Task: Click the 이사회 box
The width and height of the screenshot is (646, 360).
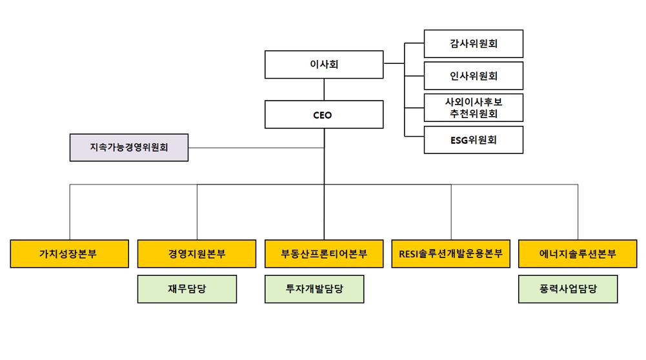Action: point(324,65)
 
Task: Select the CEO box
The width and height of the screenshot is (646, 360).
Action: point(324,115)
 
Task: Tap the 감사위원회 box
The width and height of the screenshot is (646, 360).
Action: point(473,44)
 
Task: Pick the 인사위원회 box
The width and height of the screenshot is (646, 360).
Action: point(473,75)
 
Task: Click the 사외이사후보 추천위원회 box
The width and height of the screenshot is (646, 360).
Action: point(473,107)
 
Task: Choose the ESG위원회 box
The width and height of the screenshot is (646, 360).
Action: point(473,139)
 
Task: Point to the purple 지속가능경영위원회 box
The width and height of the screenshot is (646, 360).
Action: point(129,147)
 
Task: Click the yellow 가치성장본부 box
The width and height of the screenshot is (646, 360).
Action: point(70,254)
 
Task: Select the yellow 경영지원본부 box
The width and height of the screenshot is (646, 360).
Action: point(197,254)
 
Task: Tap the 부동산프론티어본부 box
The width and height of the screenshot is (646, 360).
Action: point(324,254)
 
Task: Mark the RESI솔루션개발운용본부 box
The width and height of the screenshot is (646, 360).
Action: point(451,254)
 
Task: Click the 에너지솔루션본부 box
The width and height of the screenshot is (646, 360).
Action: point(578,254)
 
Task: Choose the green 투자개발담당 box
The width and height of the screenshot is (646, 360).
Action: point(314,288)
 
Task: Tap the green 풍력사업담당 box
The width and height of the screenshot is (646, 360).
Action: point(568,288)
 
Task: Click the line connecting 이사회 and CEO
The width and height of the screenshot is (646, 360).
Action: point(324,91)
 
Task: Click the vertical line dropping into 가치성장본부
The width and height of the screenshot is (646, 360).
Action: point(70,213)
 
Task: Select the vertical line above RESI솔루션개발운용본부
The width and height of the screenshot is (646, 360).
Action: point(451,213)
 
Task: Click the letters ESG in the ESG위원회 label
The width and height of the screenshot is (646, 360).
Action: point(460,139)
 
